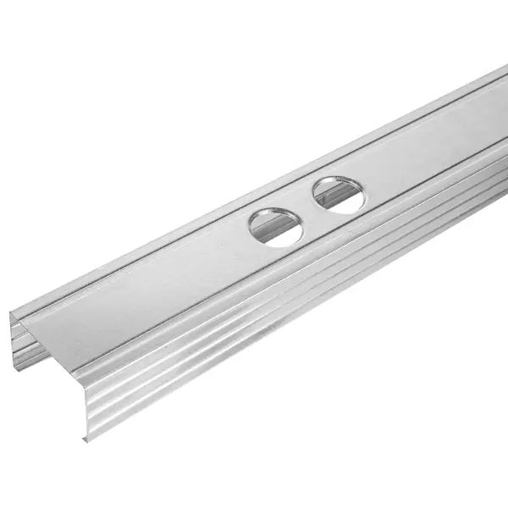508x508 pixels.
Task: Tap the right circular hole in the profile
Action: click(x=339, y=195)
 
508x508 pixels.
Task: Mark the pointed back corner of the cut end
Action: click(x=11, y=314)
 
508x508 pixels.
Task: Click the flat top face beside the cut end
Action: click(x=102, y=322)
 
